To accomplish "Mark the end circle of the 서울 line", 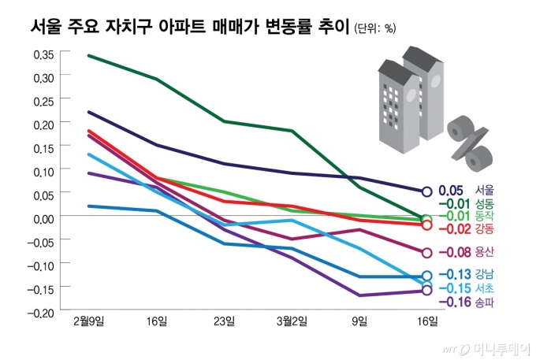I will pos(427,191).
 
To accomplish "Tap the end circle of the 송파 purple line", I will pos(427,291).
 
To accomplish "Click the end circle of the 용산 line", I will pos(427,253).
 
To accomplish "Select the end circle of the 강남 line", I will pos(427,276).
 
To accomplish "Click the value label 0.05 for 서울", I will pos(450,191).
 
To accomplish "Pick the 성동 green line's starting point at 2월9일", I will pos(88,55).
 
